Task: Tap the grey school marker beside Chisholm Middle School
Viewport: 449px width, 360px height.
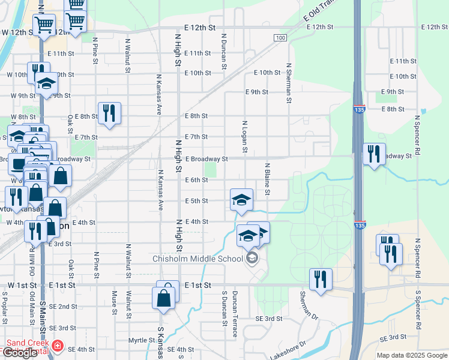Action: click(x=252, y=259)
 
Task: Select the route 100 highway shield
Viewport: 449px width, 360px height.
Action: click(x=280, y=38)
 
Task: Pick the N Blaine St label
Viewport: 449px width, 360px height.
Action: click(x=267, y=179)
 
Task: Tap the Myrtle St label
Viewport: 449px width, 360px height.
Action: click(x=142, y=340)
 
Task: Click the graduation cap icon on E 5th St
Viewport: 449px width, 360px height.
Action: click(x=241, y=199)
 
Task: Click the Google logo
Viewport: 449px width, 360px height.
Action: click(x=20, y=353)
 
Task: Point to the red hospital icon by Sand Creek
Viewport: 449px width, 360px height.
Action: click(x=57, y=346)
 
